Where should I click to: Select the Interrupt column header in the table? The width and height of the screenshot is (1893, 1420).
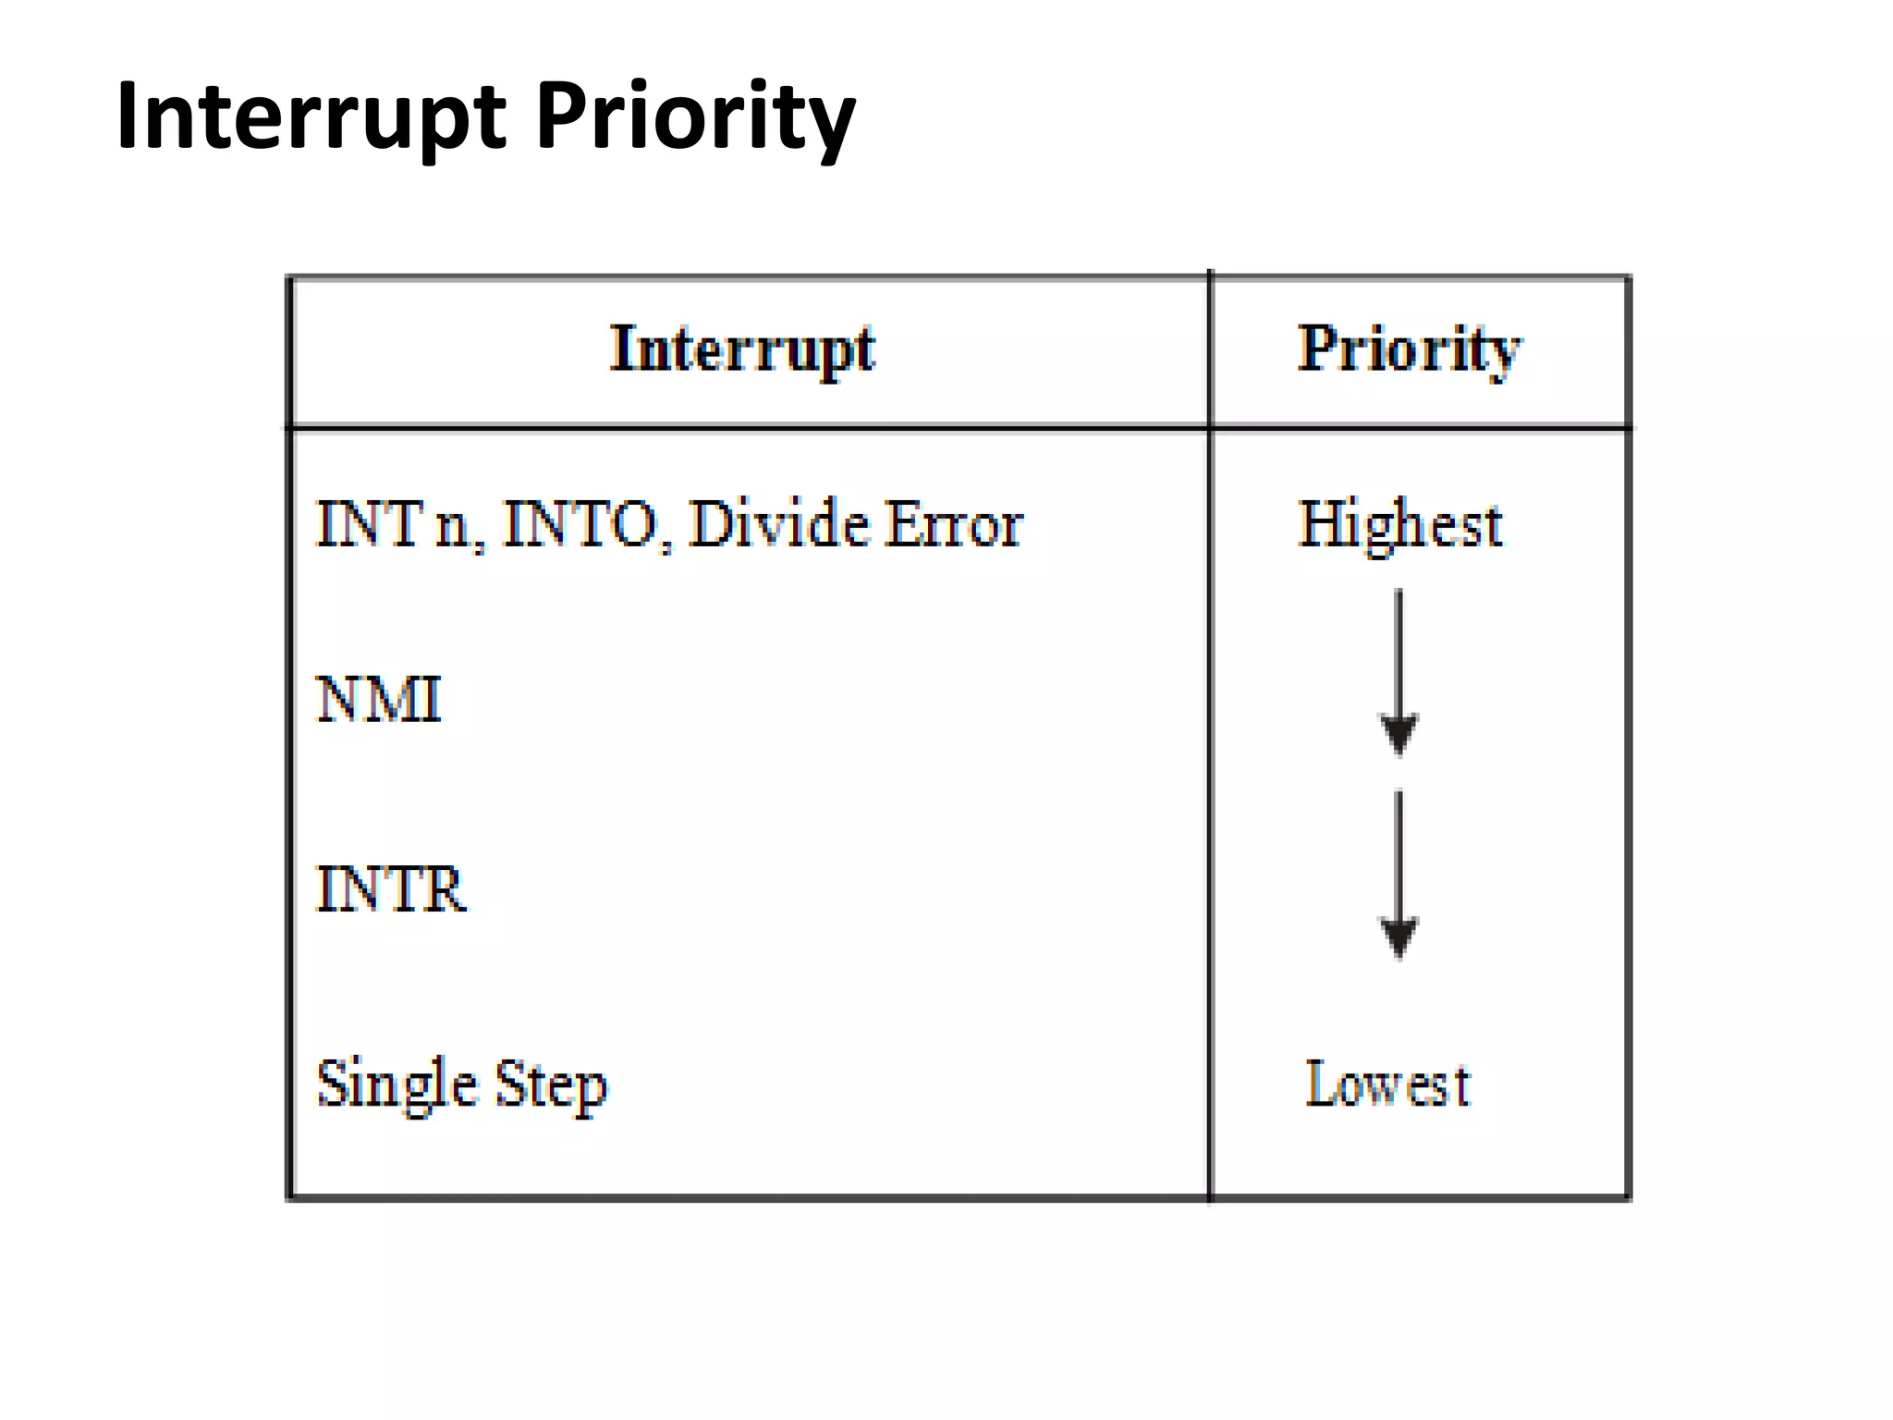click(x=742, y=349)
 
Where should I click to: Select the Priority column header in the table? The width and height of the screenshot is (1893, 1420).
click(x=1409, y=349)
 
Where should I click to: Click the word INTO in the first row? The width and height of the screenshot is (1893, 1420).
click(x=581, y=524)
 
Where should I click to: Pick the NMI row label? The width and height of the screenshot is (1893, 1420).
click(x=379, y=699)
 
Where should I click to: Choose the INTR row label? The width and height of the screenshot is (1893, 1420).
click(x=390, y=889)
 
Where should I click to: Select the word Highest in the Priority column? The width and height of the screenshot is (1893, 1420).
click(x=1400, y=524)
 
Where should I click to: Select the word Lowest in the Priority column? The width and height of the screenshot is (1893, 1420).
click(x=1387, y=1083)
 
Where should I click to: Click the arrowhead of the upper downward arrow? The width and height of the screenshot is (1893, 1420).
click(x=1398, y=734)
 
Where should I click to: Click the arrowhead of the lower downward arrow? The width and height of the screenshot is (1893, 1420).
click(x=1398, y=937)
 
